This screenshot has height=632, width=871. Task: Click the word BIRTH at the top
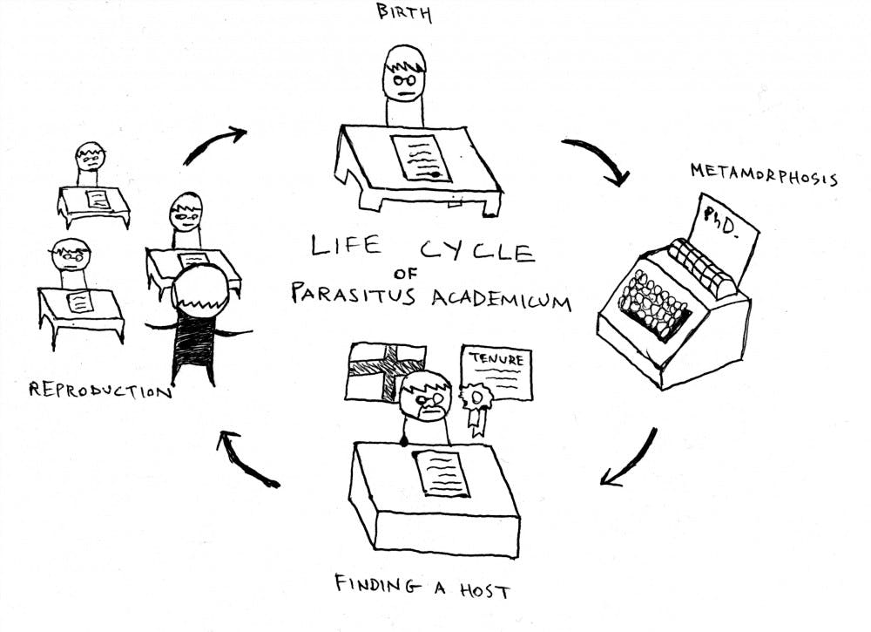click(402, 13)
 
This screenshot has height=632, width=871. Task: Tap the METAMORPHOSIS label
click(764, 174)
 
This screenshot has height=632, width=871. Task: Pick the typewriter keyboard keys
click(654, 304)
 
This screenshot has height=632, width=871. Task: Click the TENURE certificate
click(496, 373)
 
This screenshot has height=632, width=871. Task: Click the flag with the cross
click(385, 370)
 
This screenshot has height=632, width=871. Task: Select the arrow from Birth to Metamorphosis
click(596, 160)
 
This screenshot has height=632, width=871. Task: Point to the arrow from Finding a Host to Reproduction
click(246, 459)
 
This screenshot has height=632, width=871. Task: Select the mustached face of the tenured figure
click(425, 398)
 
